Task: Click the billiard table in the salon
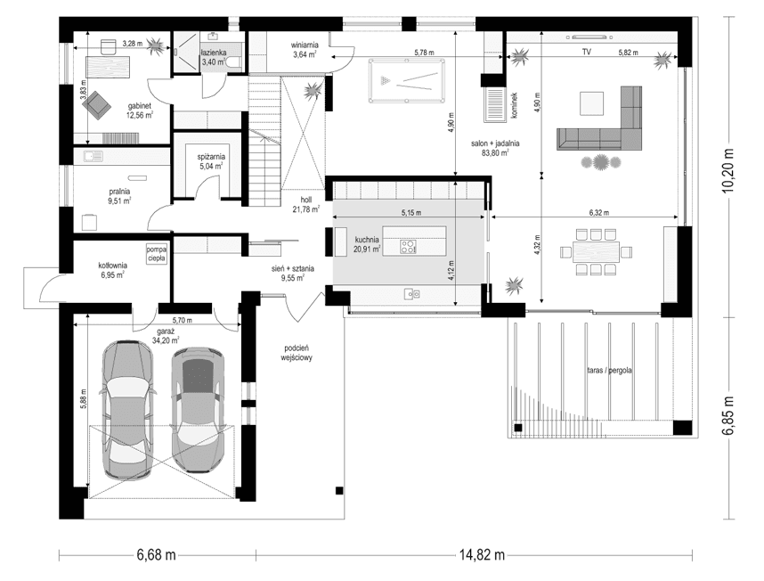(x=403, y=81)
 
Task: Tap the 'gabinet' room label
(x=139, y=104)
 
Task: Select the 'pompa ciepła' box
(x=158, y=252)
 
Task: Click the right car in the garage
(x=198, y=409)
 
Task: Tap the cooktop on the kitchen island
(x=408, y=245)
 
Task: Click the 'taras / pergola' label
(x=609, y=370)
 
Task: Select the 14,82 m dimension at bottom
(x=482, y=554)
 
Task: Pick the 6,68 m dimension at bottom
(x=156, y=554)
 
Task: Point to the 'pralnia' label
(x=119, y=191)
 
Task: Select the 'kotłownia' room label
(x=112, y=266)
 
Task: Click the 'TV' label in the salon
(x=587, y=53)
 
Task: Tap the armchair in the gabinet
(x=96, y=104)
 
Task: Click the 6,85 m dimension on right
(x=730, y=417)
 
